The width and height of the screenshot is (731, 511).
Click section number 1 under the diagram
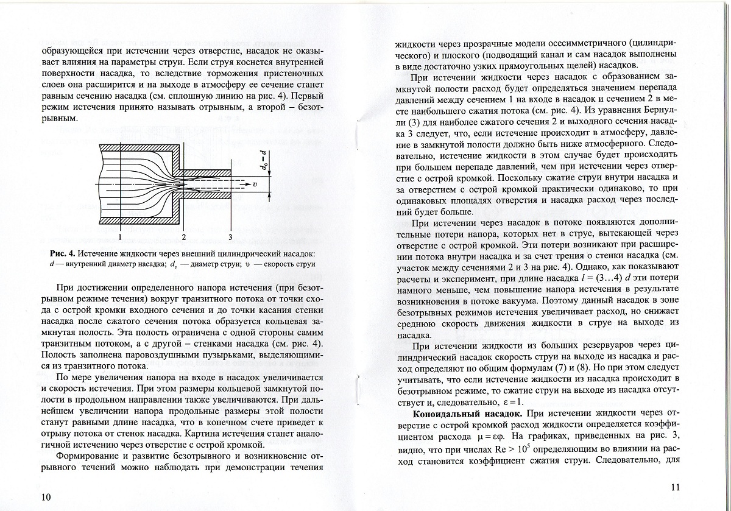tap(121, 236)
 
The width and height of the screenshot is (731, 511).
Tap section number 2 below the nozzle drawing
tap(183, 236)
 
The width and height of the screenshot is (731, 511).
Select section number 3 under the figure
tap(230, 236)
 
